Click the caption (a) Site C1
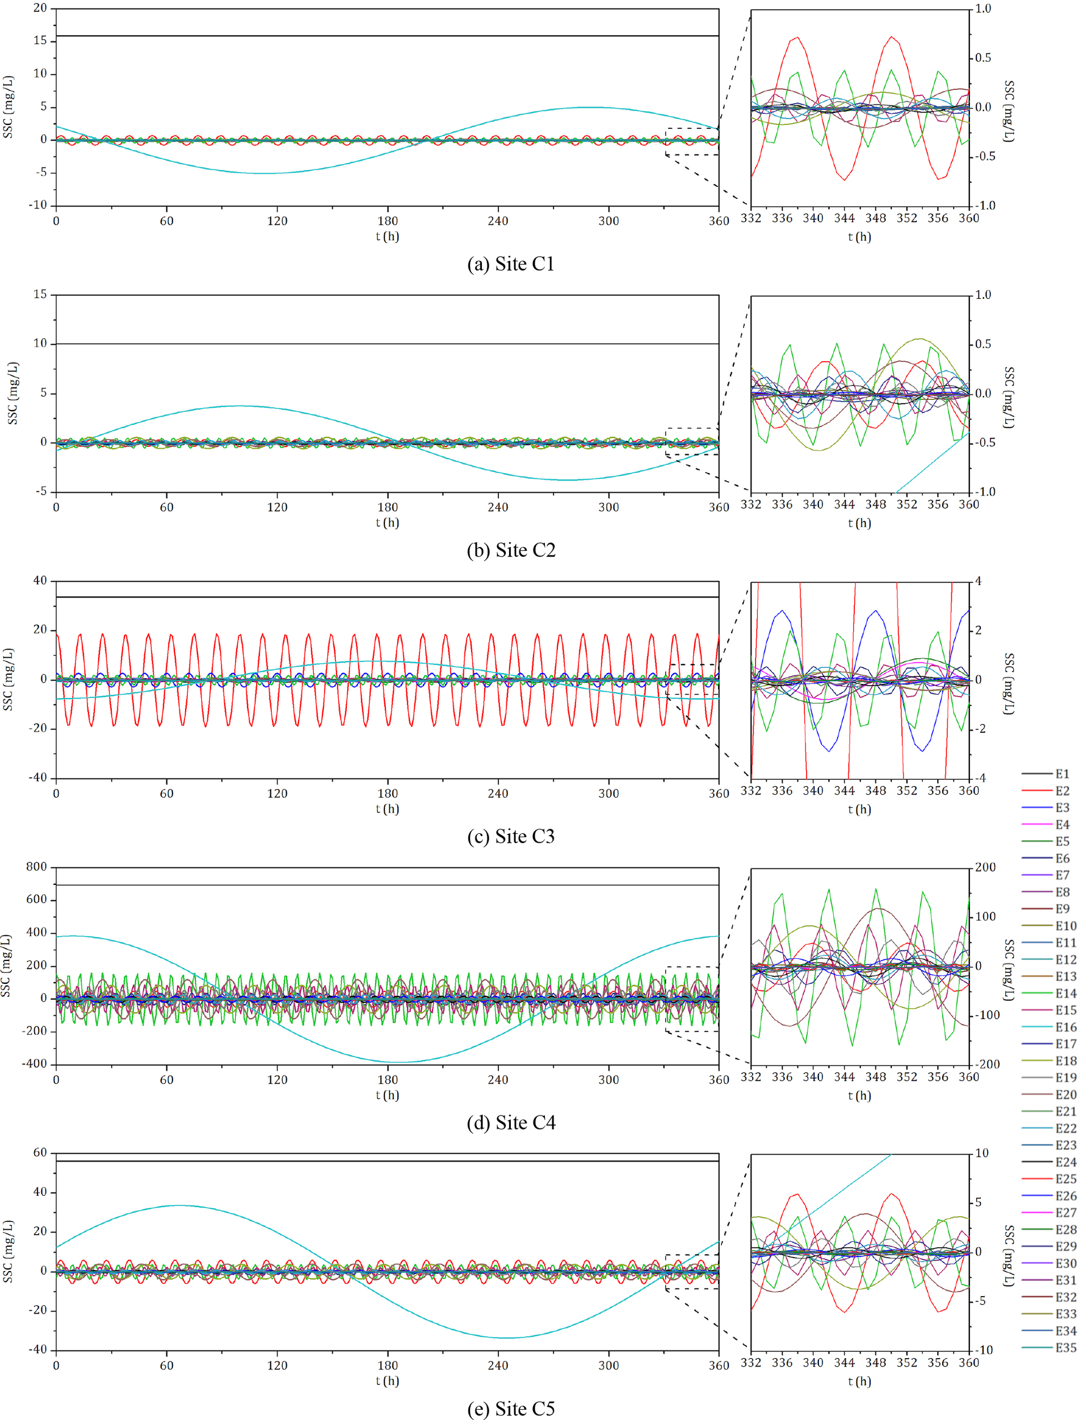click(511, 264)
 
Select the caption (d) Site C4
click(511, 1122)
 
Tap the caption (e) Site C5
click(511, 1409)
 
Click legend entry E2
click(1061, 791)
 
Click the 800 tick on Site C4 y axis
click(36, 867)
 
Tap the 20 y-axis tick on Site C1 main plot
click(40, 9)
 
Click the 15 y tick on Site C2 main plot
click(40, 294)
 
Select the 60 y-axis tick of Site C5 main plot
click(40, 1152)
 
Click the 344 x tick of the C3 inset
click(844, 791)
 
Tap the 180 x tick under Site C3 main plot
click(387, 793)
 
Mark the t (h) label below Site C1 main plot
click(387, 236)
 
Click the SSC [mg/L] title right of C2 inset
click(1009, 397)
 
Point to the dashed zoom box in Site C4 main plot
click(692, 999)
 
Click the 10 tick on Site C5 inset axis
click(981, 1154)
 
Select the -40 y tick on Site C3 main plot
click(38, 778)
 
